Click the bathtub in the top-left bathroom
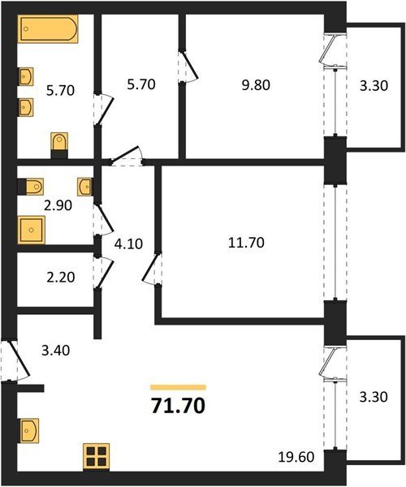point(49,29)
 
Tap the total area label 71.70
point(178,406)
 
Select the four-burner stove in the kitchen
point(96,456)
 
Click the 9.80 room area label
point(256,84)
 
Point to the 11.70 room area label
point(246,242)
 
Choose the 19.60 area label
point(296,456)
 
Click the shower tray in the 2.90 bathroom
point(32,230)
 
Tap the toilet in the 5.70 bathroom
point(59,145)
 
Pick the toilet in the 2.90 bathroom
point(30,187)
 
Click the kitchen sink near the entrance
point(29,430)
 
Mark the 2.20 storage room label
point(61,277)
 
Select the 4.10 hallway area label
point(128,243)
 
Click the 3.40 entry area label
point(55,351)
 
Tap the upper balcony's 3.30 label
point(374,85)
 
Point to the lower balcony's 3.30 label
point(374,397)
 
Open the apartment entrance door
point(15,360)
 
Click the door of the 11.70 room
point(151,268)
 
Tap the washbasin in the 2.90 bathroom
point(84,187)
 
